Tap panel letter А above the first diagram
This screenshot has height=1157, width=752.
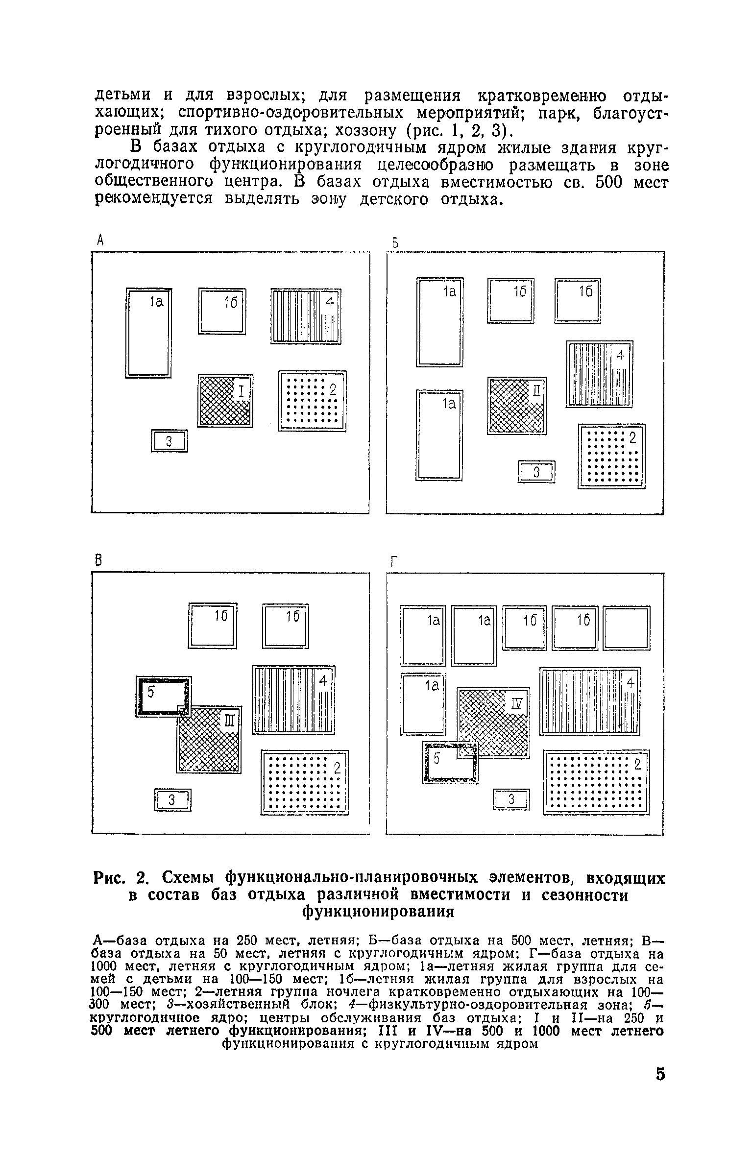point(100,240)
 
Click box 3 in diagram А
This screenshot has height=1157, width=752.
point(169,441)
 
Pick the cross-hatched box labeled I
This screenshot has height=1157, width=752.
point(225,401)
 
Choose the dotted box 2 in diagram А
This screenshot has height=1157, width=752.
point(312,401)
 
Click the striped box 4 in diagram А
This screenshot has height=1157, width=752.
point(306,316)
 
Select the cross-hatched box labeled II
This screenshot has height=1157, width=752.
point(516,406)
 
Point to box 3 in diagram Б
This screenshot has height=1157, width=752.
point(536,472)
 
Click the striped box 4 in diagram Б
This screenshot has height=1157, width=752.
point(599,374)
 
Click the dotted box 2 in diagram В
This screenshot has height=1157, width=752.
point(304,783)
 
